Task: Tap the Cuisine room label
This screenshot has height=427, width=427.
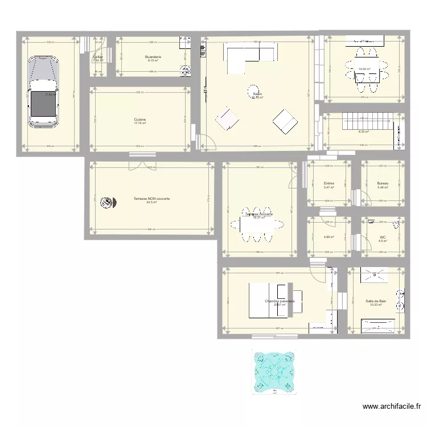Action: tap(140, 120)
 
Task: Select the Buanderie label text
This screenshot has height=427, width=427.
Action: tap(153, 57)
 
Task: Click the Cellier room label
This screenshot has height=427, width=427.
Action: tap(98, 57)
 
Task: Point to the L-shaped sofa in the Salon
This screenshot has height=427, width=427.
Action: tap(251, 58)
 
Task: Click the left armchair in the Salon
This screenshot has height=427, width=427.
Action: tap(227, 119)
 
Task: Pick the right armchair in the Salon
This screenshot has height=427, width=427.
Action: tap(285, 120)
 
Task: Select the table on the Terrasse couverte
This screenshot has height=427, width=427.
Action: tap(260, 223)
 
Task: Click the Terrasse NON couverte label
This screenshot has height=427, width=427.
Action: tap(151, 199)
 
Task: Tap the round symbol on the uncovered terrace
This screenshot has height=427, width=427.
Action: tap(106, 202)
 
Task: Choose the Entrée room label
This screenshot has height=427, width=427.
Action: tap(329, 183)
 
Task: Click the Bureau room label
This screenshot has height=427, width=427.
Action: tap(382, 183)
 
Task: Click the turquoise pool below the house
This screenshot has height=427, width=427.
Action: tap(274, 368)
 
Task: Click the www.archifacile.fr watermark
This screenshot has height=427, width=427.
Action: tap(392, 407)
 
